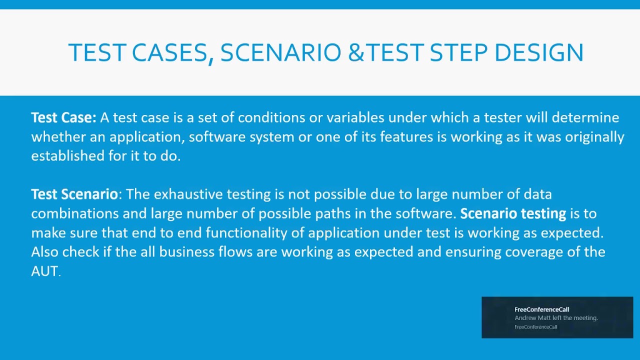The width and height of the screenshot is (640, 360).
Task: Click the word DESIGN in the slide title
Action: coord(538,52)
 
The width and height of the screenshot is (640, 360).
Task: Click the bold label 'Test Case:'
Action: coord(63,117)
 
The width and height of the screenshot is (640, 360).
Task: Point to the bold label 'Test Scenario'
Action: coord(74,194)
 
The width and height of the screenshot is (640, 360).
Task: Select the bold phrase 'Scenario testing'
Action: coord(513,213)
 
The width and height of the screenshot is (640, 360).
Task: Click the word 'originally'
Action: coord(594,137)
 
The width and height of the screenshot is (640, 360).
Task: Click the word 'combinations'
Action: coord(75,213)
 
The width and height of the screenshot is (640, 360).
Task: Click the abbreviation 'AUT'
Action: coord(44,271)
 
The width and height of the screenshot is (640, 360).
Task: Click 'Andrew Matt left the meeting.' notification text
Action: coord(556,318)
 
